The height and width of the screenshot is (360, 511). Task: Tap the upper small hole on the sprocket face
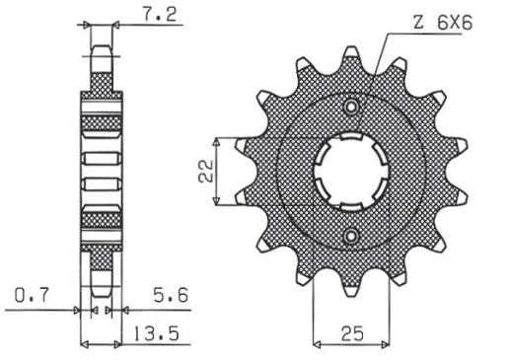tap(352, 107)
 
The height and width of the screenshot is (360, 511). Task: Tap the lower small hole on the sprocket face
tap(352, 236)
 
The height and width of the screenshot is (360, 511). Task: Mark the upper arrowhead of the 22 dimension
tap(238, 141)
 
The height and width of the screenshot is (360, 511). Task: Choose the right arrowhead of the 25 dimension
tap(386, 345)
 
